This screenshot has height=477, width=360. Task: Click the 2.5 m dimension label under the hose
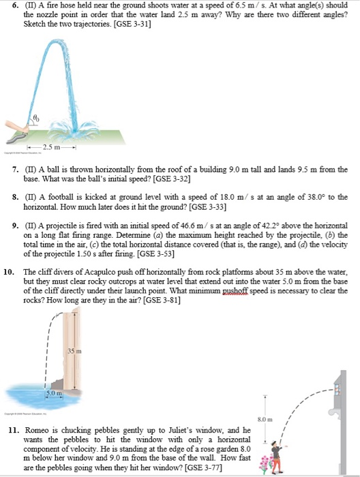coord(52,147)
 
